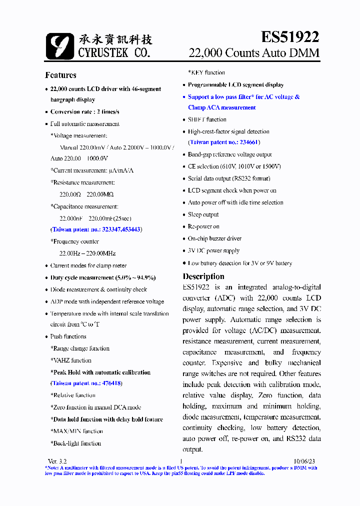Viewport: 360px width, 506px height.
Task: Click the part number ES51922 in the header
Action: point(290,37)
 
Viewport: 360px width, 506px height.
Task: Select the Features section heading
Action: point(60,75)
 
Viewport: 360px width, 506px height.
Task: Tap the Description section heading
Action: point(203,276)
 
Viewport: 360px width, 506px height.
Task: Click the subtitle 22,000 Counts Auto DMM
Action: point(253,53)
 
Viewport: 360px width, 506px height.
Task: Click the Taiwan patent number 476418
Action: point(112,383)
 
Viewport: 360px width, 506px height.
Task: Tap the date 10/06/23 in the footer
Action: point(304,460)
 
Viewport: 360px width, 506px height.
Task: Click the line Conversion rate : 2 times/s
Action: point(84,112)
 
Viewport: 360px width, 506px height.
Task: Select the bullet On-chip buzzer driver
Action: point(214,238)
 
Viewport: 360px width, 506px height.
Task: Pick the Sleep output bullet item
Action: point(203,214)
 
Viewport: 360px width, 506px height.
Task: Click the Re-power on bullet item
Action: point(203,226)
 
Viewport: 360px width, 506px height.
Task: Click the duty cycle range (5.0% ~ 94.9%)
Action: point(135,277)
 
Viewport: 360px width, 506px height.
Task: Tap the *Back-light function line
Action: point(75,443)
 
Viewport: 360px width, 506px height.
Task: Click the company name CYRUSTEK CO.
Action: point(114,52)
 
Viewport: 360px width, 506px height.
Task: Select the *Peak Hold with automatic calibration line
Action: point(100,372)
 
